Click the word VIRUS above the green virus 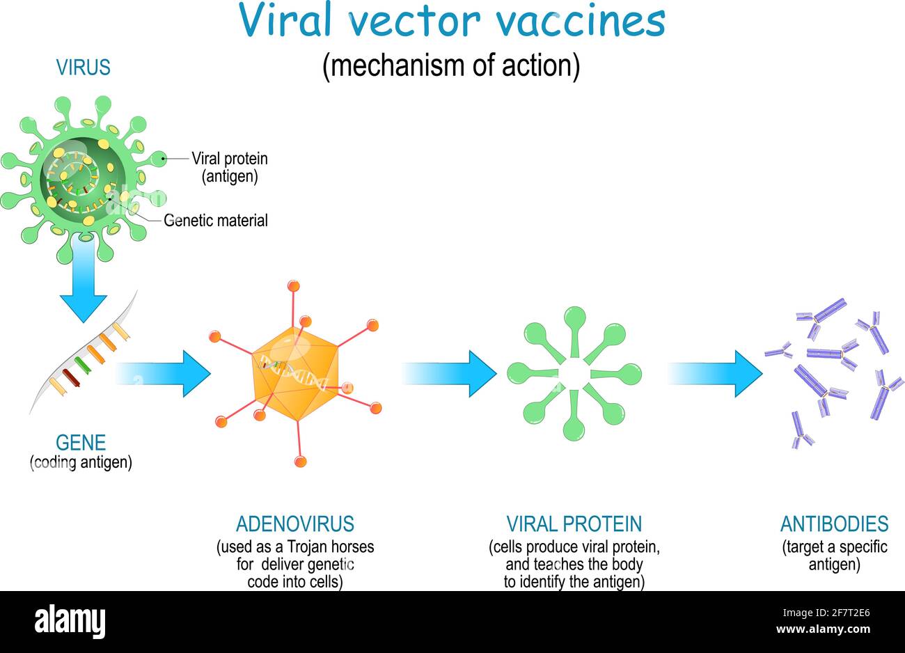click(84, 67)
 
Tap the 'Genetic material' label click(216, 221)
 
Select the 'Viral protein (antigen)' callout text click(230, 167)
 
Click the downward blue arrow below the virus click(84, 280)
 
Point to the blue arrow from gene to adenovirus click(163, 374)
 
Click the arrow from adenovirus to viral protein click(449, 374)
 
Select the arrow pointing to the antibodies click(715, 374)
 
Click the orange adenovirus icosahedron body click(295, 374)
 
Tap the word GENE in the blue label click(81, 443)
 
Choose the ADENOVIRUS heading click(295, 524)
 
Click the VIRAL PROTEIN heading click(574, 524)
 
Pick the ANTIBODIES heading click(834, 524)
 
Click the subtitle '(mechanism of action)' click(451, 66)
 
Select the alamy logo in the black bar click(70, 621)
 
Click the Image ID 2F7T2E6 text click(826, 613)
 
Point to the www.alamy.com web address click(824, 629)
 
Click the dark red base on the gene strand click(71, 378)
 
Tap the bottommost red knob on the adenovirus click(300, 461)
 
